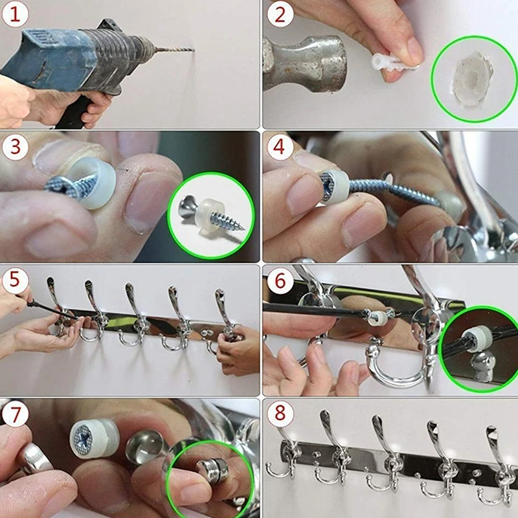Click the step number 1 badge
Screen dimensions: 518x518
(x=14, y=15)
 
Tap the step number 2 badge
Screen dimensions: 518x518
(x=280, y=15)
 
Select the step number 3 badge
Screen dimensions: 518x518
(x=14, y=147)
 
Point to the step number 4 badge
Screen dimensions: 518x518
(x=280, y=147)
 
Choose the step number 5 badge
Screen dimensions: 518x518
(x=14, y=280)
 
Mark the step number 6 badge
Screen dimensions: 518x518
(x=280, y=280)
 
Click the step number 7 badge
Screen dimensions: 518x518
(x=14, y=414)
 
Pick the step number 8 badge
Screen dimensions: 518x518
(x=280, y=414)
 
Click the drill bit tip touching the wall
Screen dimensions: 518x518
(x=193, y=51)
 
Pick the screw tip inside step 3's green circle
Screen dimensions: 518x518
(x=242, y=228)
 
